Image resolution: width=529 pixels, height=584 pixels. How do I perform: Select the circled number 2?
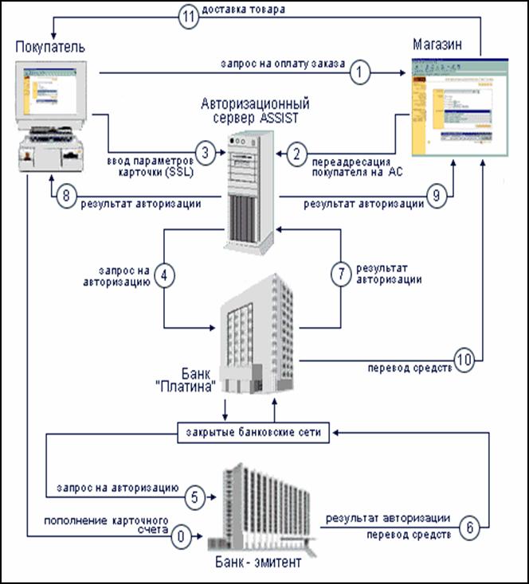[296, 151]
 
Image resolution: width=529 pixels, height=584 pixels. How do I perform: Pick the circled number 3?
[205, 151]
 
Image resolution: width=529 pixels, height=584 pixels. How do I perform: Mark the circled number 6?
[470, 526]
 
